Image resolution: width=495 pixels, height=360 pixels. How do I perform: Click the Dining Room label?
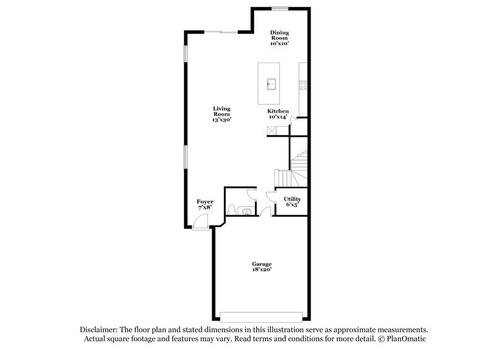click(x=280, y=38)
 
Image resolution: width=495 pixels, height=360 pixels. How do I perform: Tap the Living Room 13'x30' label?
click(x=222, y=114)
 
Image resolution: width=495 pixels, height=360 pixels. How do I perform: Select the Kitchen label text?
click(x=278, y=114)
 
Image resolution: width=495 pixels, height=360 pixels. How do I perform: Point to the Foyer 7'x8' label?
click(x=205, y=205)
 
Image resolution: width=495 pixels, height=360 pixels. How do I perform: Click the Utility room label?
click(x=292, y=202)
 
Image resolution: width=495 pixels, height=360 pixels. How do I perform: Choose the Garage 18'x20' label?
click(x=261, y=267)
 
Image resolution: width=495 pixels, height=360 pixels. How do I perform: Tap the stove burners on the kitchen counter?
click(x=303, y=83)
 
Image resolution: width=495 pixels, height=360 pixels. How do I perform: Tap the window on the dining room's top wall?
click(x=280, y=8)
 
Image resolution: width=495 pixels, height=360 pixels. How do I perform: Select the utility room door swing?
click(x=270, y=196)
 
